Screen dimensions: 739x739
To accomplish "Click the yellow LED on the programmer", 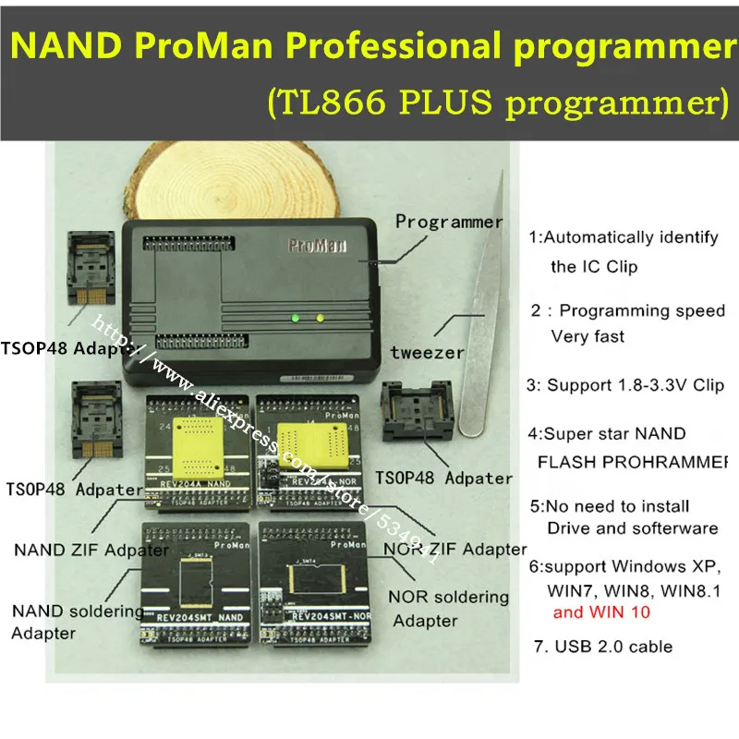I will (x=321, y=319).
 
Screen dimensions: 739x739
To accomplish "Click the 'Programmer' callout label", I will (x=448, y=222).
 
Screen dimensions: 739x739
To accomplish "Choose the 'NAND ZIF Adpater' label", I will (x=91, y=551).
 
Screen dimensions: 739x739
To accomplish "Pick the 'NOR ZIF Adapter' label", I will (x=456, y=550).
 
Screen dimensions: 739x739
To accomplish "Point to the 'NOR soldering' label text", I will (x=450, y=597).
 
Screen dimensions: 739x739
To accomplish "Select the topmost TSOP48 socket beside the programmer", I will (x=93, y=269).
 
